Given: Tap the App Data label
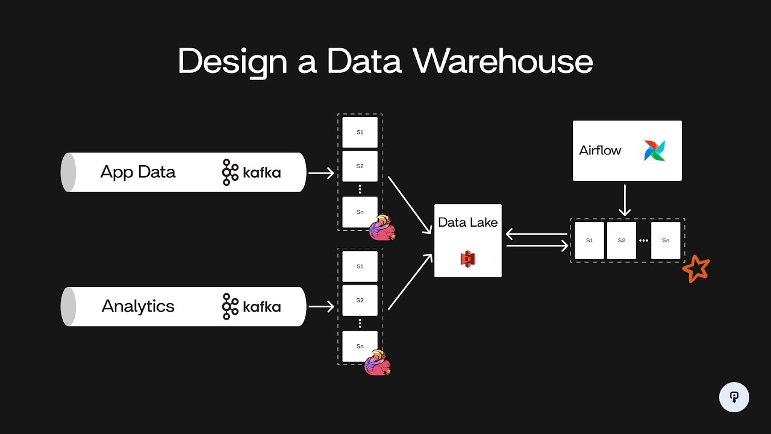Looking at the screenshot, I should (138, 172).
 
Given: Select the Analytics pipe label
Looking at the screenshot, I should (138, 306).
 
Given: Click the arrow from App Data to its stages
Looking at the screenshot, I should (321, 174).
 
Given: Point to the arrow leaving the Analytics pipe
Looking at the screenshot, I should (321, 307).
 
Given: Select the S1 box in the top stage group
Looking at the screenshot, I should (360, 132).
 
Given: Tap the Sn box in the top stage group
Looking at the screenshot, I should (360, 212).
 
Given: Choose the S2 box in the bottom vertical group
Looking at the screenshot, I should (360, 300).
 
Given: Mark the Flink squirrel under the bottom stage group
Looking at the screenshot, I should (378, 363).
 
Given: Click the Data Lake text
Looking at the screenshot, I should (468, 222).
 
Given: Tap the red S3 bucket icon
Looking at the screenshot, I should (468, 259).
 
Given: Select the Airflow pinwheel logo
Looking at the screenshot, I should (655, 151).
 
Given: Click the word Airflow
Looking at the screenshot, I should (600, 151).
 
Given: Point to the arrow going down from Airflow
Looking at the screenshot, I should (625, 200).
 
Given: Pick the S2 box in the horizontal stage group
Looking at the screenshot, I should (622, 241).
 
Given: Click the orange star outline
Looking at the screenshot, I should (696, 269).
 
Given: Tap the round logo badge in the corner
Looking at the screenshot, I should (734, 397).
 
